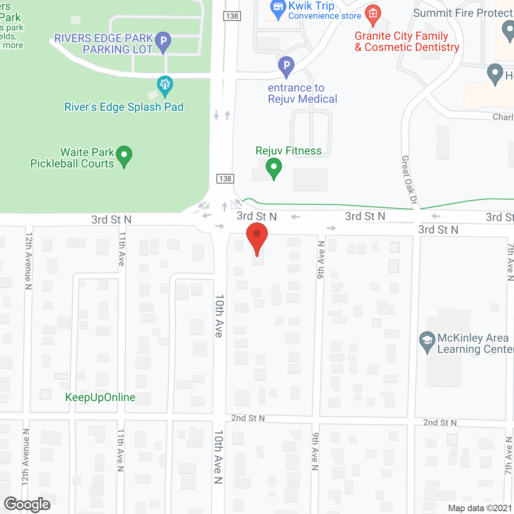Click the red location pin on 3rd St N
(x=257, y=235)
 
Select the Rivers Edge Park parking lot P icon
(x=163, y=41)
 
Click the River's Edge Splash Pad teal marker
(x=165, y=85)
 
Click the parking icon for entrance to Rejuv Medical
(x=286, y=65)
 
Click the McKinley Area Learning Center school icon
(x=427, y=341)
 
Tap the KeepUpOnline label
(x=100, y=398)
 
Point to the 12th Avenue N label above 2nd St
(x=28, y=261)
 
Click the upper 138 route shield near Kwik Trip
(x=232, y=16)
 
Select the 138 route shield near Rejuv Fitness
(x=225, y=179)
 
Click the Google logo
(x=27, y=504)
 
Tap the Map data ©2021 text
(x=479, y=508)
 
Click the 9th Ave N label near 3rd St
(x=320, y=260)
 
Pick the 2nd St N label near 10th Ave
(x=248, y=418)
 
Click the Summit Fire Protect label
(x=463, y=13)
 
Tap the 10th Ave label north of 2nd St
(x=219, y=316)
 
